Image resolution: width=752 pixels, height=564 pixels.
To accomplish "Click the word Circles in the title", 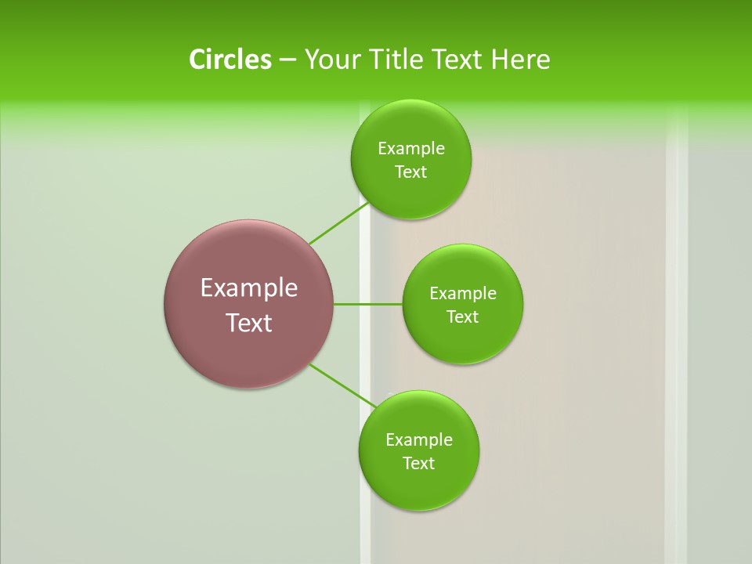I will (x=230, y=60).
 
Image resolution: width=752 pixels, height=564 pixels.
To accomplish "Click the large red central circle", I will (x=249, y=258).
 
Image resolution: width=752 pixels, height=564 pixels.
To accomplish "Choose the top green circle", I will (x=410, y=196).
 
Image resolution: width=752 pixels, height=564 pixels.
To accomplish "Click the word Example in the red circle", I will (x=249, y=287).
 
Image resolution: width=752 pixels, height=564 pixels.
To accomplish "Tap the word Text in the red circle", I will (x=249, y=323).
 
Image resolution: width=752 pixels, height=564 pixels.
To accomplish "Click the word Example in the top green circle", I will (x=410, y=149).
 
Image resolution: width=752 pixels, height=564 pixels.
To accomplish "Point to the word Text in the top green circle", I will (x=410, y=172).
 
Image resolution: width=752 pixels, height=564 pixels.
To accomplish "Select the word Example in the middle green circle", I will (x=463, y=294).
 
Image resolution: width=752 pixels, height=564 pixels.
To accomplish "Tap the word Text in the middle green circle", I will (x=463, y=317).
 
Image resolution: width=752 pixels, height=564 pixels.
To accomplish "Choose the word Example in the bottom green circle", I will (x=418, y=440).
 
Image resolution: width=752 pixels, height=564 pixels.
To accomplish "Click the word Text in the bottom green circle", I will (x=418, y=464).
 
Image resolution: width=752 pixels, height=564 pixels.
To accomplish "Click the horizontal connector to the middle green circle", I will (x=368, y=304).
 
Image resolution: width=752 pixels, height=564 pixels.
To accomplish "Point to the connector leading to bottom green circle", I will (x=345, y=386).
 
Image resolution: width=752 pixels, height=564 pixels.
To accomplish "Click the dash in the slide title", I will (x=287, y=60).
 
